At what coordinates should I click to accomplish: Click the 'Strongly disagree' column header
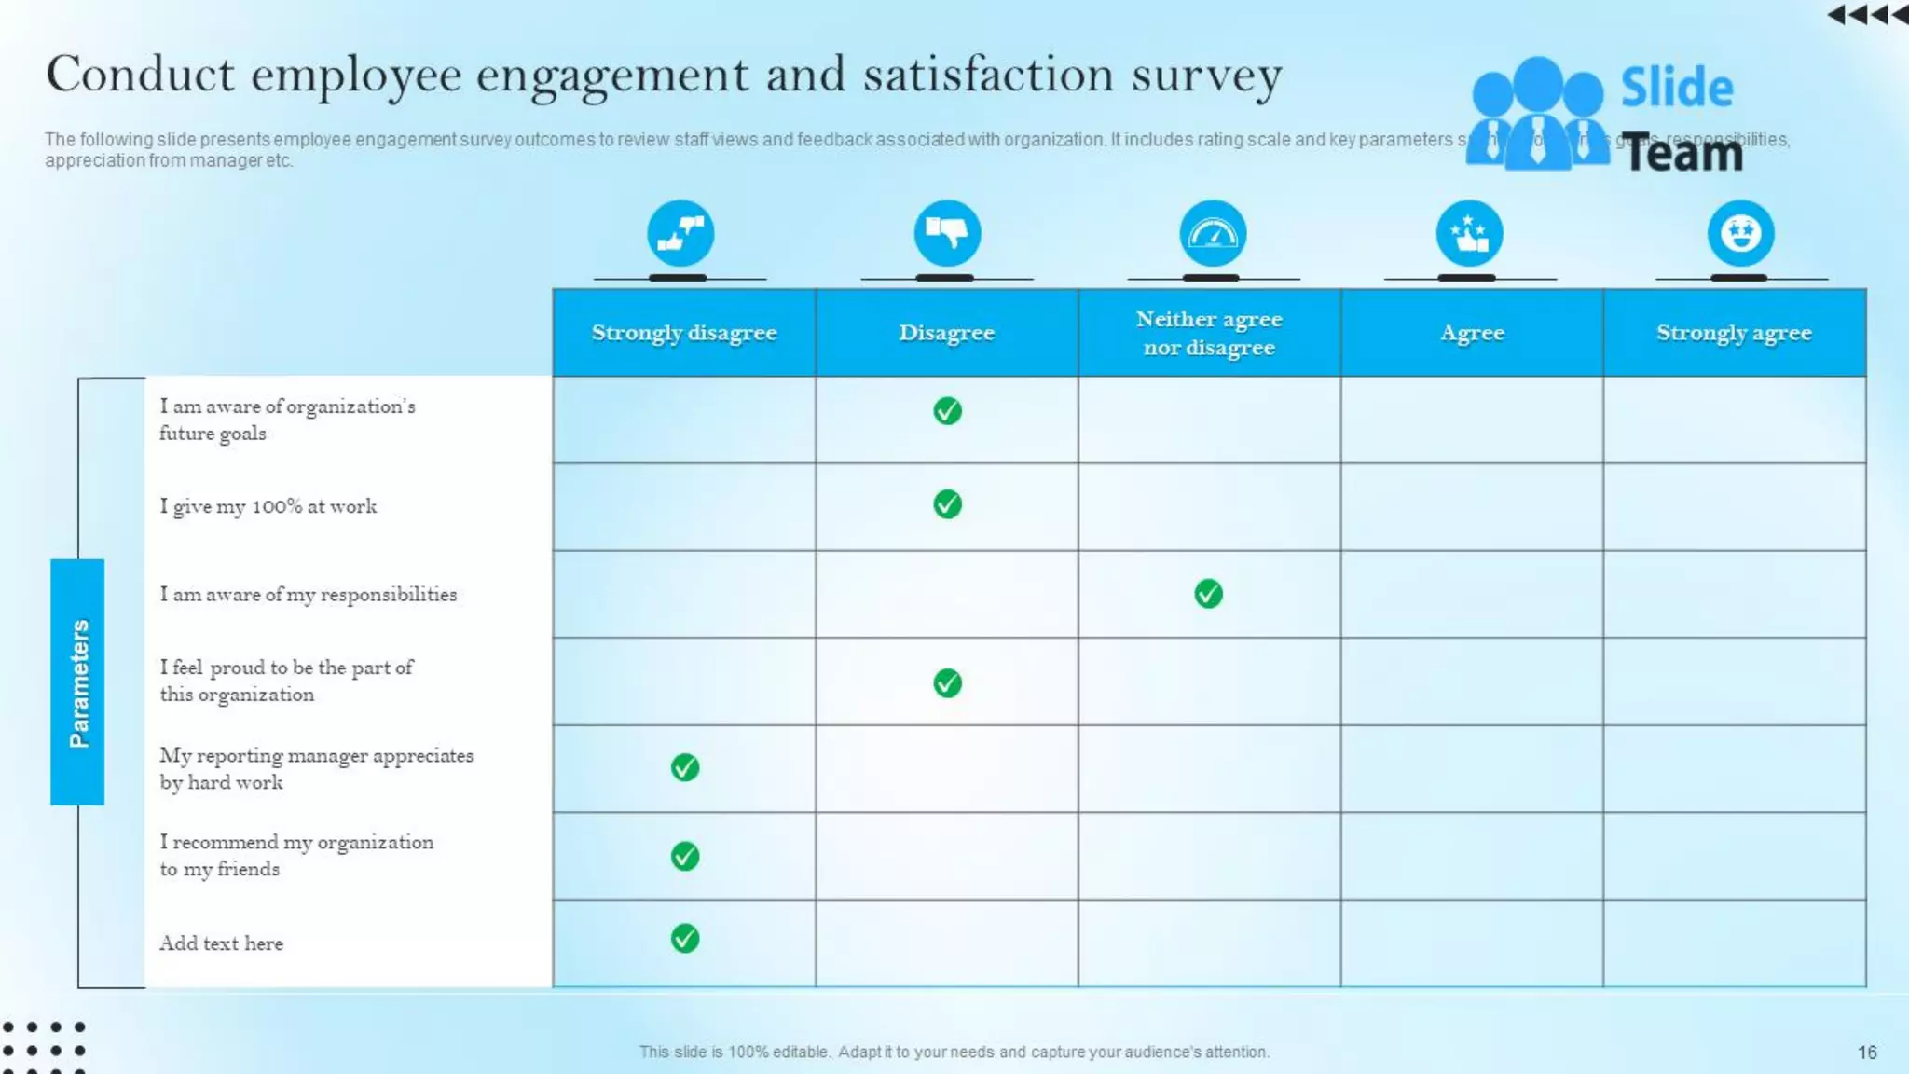[683, 333]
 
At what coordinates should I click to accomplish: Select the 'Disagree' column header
[946, 333]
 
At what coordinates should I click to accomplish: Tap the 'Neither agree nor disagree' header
[1209, 333]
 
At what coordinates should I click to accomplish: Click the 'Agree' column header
[1472, 333]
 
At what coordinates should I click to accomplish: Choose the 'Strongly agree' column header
[1734, 333]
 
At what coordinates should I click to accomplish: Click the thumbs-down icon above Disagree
[947, 233]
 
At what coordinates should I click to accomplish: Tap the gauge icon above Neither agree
[1213, 233]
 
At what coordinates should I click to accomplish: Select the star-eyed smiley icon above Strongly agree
[1740, 233]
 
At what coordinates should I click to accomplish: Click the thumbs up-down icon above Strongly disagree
[680, 233]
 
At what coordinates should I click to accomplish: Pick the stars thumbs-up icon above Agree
[1469, 233]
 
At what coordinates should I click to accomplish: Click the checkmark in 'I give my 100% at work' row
[947, 504]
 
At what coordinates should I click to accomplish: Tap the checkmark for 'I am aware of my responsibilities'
[1208, 594]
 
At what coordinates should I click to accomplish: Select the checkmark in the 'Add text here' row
[685, 938]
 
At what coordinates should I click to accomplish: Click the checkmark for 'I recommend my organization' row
[685, 856]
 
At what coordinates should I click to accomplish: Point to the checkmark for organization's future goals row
[947, 411]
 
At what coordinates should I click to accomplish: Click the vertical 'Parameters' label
[78, 682]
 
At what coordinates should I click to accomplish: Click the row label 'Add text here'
[221, 943]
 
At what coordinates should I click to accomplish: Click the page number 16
[1866, 1052]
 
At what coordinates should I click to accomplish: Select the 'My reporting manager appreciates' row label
[316, 768]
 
